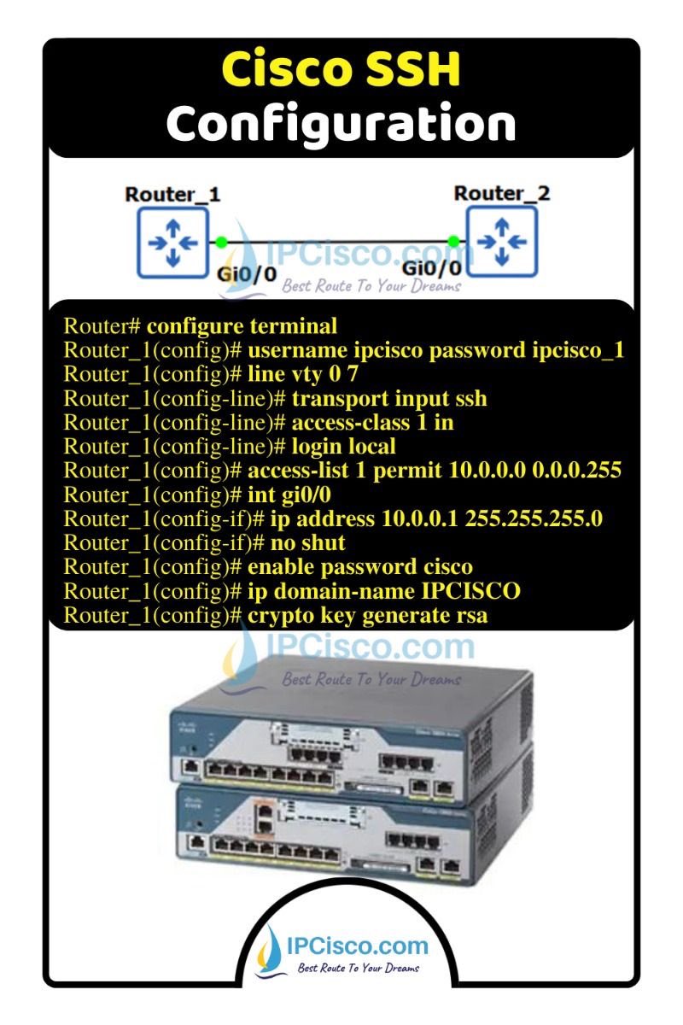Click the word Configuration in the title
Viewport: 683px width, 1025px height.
click(x=341, y=124)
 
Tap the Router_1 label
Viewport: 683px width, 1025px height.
click(x=172, y=195)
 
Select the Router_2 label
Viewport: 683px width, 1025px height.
click(x=502, y=193)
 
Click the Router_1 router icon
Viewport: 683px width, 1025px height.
click(x=172, y=243)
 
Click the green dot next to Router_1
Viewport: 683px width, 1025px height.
click(x=221, y=243)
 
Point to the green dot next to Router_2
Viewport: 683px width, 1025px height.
click(x=454, y=243)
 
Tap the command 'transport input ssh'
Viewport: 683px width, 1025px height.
click(x=389, y=398)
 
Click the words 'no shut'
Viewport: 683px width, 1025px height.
click(x=308, y=543)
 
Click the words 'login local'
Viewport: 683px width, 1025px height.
click(x=344, y=447)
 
